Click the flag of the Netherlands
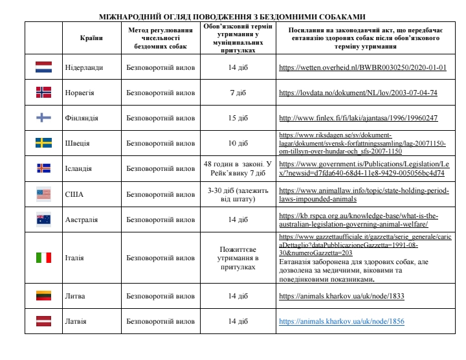coord(43,67)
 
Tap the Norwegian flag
coord(43,93)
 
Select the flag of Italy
coord(43,258)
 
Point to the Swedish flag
coord(43,143)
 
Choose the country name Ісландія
coord(78,169)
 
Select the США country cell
coord(74,194)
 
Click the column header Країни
coord(91,38)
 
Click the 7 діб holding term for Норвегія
coord(238,93)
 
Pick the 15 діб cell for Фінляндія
coord(238,118)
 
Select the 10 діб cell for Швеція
coord(238,143)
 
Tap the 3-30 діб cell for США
coord(238,194)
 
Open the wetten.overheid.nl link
coord(362,67)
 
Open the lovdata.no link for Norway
coord(358,93)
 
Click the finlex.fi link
coord(358,118)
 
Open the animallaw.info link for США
coord(362,194)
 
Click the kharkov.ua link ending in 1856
coord(341,321)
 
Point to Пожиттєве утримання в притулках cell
coord(238,258)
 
